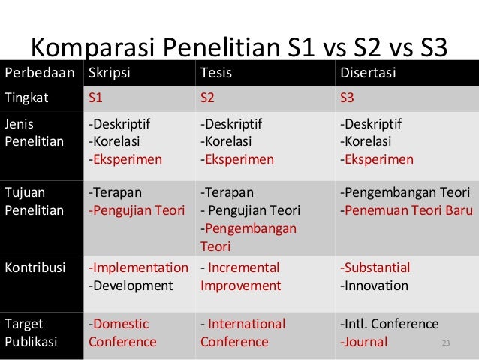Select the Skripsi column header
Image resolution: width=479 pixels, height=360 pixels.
click(x=109, y=74)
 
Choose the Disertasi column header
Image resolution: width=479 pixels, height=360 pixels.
click(x=369, y=74)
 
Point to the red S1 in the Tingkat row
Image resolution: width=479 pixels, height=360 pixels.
click(x=96, y=99)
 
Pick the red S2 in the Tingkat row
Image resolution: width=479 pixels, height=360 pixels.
click(x=208, y=99)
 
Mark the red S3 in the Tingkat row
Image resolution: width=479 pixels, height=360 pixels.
click(x=348, y=99)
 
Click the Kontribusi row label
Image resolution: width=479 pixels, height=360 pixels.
click(x=35, y=267)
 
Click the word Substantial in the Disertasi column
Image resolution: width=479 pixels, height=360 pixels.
click(x=377, y=268)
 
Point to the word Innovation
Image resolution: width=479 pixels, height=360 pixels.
click(x=376, y=286)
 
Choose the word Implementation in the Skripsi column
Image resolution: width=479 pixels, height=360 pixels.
click(x=140, y=268)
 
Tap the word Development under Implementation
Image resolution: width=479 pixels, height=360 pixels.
click(x=132, y=286)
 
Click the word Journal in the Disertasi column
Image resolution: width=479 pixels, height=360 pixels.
click(x=366, y=343)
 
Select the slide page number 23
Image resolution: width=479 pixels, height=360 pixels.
click(x=446, y=343)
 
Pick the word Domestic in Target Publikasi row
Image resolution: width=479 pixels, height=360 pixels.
click(x=121, y=325)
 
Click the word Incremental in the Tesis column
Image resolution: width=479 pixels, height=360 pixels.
click(x=243, y=268)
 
